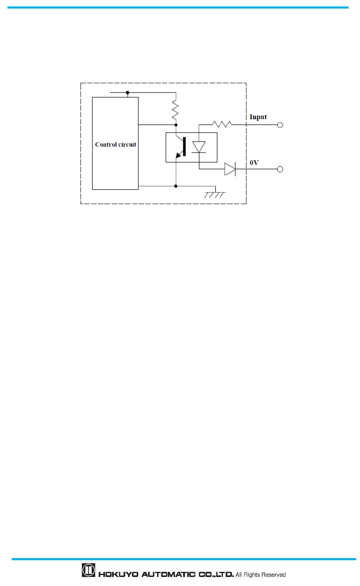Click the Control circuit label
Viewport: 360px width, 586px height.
coord(116,145)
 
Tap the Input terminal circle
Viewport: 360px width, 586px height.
coord(280,125)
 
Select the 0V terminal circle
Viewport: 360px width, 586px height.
coord(280,169)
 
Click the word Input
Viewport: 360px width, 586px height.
coord(258,117)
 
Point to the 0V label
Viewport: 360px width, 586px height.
coord(254,163)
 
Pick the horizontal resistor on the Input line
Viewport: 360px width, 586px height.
coord(222,125)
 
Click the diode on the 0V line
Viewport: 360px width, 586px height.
coord(230,169)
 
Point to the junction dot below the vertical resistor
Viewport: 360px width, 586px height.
coord(176,125)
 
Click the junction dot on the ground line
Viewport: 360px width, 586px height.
coord(176,186)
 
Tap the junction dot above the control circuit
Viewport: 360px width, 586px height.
coord(128,93)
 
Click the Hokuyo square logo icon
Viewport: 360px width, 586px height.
coord(89,570)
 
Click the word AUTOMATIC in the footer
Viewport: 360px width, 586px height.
coord(168,575)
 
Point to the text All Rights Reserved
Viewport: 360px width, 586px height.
coord(261,575)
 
